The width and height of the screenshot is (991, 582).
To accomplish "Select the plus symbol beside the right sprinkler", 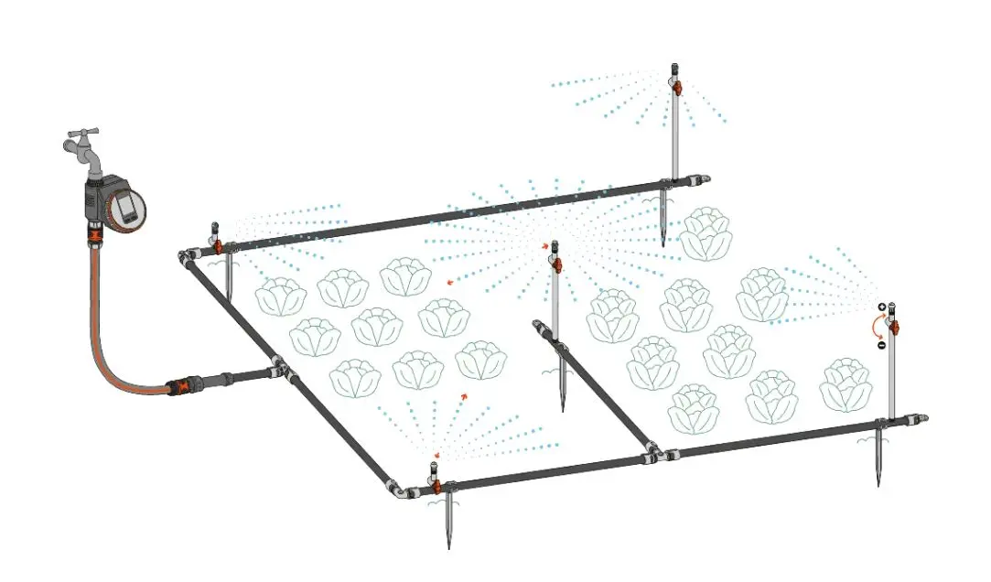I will coord(881,308).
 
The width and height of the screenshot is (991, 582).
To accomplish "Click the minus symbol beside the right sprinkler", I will coord(881,345).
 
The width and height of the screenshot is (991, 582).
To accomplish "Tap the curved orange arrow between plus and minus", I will coord(876,327).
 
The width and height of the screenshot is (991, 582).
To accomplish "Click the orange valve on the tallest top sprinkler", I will coord(676,87).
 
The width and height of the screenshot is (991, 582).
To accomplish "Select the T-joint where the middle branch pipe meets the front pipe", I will coord(652,451).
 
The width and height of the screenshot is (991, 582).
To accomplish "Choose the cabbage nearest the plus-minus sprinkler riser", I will coord(844,385).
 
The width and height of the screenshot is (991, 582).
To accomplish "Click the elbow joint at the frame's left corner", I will coord(188,257).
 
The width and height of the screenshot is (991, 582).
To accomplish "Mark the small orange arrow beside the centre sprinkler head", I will coord(545,246).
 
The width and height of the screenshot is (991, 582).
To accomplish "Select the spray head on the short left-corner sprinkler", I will coord(215,229).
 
